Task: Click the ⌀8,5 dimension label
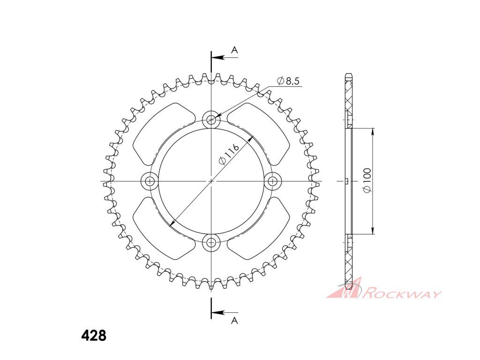point(288,81)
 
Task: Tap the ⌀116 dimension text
point(228,155)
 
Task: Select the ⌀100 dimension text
point(367,180)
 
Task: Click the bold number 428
point(94,336)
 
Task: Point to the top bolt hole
point(211,120)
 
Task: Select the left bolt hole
point(150,181)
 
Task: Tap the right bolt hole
point(272,181)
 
